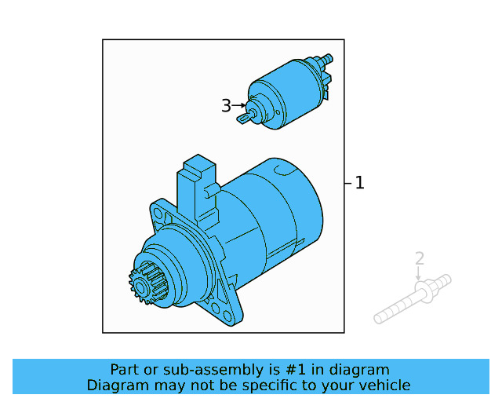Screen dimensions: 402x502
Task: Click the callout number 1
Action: (x=359, y=183)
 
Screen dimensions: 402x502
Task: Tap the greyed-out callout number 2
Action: (x=420, y=258)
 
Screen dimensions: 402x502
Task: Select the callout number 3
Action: (x=226, y=105)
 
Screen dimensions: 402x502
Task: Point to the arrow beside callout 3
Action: (x=239, y=105)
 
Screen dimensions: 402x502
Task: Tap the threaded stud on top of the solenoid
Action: (x=326, y=60)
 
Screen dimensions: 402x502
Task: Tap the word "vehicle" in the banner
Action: (x=383, y=385)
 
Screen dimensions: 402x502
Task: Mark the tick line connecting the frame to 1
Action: (x=348, y=183)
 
